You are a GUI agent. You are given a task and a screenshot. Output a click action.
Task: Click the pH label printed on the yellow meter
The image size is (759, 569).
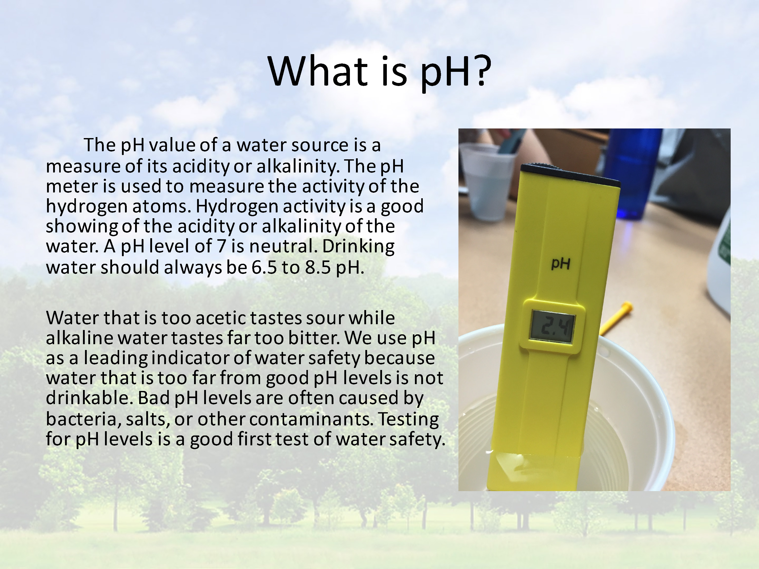[561, 264]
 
